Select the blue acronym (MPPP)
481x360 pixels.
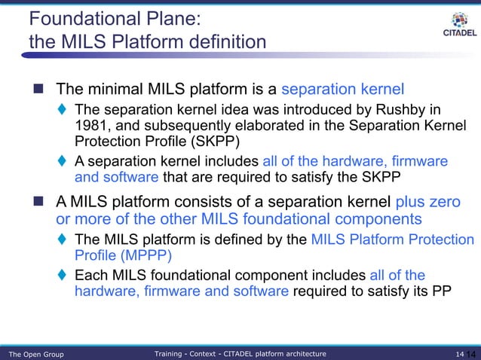click(x=112, y=256)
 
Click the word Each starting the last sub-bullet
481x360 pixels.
click(x=89, y=275)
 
